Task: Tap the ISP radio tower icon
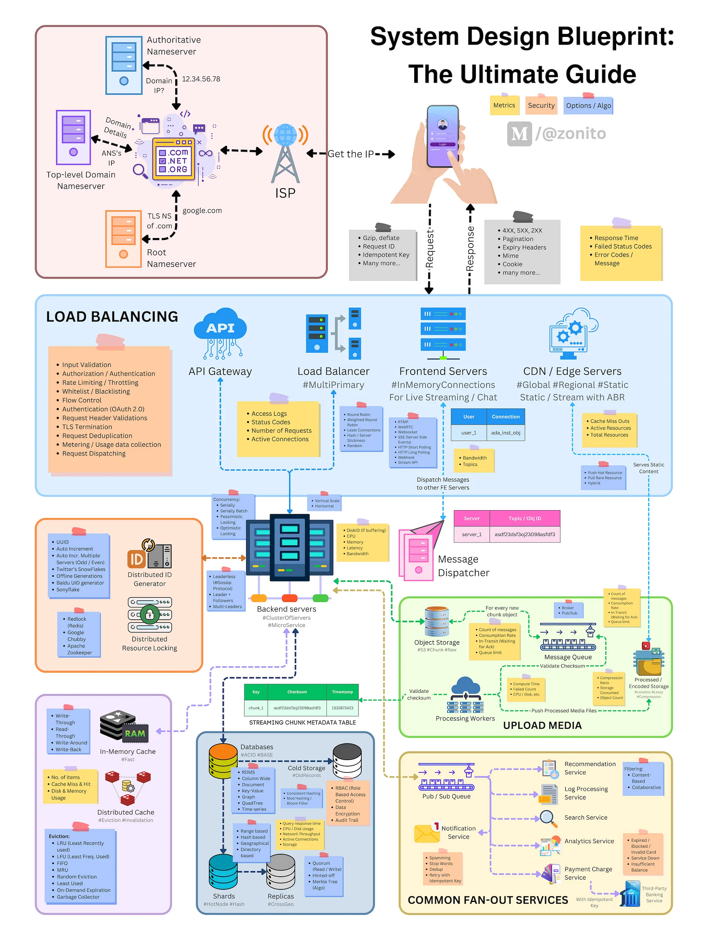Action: coord(285,153)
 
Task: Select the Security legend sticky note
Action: coord(541,105)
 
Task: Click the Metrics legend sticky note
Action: coord(504,105)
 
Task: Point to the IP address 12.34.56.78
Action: coord(201,79)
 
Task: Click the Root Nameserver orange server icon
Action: coord(123,239)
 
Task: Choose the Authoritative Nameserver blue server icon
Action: coord(124,65)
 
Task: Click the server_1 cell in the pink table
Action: coord(471,534)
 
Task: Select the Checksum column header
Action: coord(297,692)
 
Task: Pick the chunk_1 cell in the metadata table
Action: coord(256,708)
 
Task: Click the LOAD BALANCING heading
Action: coord(112,317)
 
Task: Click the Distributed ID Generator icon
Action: coord(149,553)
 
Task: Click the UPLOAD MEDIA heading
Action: coord(542,726)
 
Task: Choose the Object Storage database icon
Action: coord(437,621)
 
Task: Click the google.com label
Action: coord(202,211)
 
